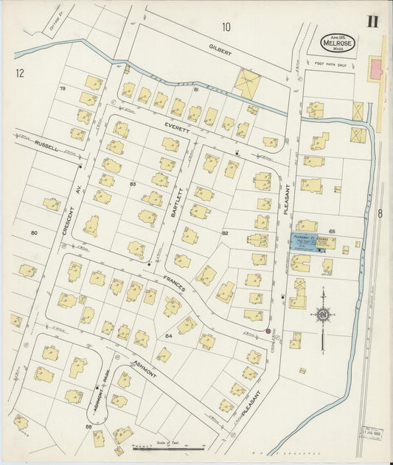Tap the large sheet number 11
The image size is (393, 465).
pyautogui.click(x=372, y=21)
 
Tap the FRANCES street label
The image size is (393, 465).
pyautogui.click(x=173, y=283)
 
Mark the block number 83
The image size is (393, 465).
pyautogui.click(x=133, y=183)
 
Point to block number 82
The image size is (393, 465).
pyautogui.click(x=225, y=233)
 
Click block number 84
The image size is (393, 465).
pyautogui.click(x=169, y=336)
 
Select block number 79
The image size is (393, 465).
pyautogui.click(x=63, y=89)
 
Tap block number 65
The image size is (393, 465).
pyautogui.click(x=332, y=231)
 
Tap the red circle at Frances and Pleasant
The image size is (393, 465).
pyautogui.click(x=268, y=331)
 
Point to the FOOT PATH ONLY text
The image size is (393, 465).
pyautogui.click(x=330, y=64)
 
